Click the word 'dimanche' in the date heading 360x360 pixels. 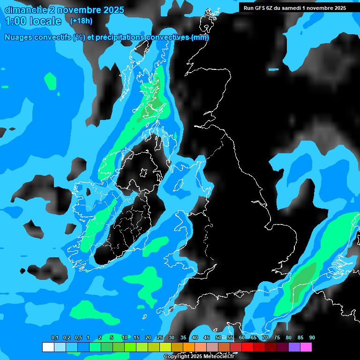[23, 10]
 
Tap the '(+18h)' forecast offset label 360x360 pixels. [81, 21]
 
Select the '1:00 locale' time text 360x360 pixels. [33, 21]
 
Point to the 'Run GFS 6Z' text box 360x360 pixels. [295, 8]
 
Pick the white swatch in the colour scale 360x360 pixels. [48, 347]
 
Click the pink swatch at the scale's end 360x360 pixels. [306, 347]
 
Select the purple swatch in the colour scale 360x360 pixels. [294, 347]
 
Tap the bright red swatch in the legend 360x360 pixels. [247, 347]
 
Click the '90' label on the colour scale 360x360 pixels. [312, 337]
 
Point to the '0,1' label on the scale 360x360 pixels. [55, 337]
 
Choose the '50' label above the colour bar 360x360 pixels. [218, 337]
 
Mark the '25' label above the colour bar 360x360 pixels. [160, 337]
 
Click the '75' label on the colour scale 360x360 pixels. [277, 337]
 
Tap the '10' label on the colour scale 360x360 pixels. [125, 337]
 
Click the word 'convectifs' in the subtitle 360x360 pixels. [52, 37]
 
